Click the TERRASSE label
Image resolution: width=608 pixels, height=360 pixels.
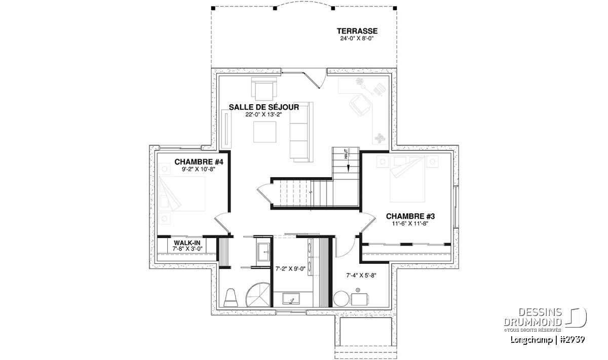pyautogui.click(x=357, y=31)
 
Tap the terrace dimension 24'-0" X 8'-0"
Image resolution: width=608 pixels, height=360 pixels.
pyautogui.click(x=357, y=38)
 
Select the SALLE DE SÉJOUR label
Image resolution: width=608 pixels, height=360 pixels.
pyautogui.click(x=264, y=107)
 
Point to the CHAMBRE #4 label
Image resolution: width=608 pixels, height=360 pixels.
pyautogui.click(x=199, y=162)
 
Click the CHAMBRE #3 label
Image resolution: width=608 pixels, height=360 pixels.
pyautogui.click(x=410, y=216)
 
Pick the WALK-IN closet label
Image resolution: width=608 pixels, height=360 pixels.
pyautogui.click(x=187, y=243)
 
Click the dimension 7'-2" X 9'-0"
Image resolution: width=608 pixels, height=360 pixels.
pyautogui.click(x=290, y=269)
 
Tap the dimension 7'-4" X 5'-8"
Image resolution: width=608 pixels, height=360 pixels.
pyautogui.click(x=361, y=275)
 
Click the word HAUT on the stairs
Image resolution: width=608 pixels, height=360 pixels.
pyautogui.click(x=346, y=154)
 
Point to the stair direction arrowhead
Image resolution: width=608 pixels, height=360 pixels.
pyautogui.click(x=348, y=169)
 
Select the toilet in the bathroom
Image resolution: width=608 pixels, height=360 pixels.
pyautogui.click(x=231, y=298)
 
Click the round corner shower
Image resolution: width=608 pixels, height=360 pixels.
pyautogui.click(x=258, y=295)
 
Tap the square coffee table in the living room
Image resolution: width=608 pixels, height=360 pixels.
pyautogui.click(x=264, y=132)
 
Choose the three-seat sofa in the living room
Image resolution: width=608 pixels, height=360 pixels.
pyautogui.click(x=301, y=132)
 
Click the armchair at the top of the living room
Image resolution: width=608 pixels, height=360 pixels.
pyautogui.click(x=264, y=89)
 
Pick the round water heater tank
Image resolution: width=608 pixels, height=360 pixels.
pyautogui.click(x=341, y=299)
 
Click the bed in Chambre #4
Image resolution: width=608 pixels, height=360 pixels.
pyautogui.click(x=181, y=194)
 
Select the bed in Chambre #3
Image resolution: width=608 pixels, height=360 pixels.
pyautogui.click(x=407, y=179)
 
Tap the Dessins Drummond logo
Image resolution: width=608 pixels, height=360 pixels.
pyautogui.click(x=545, y=319)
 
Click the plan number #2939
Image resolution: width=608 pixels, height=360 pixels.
pyautogui.click(x=571, y=339)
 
